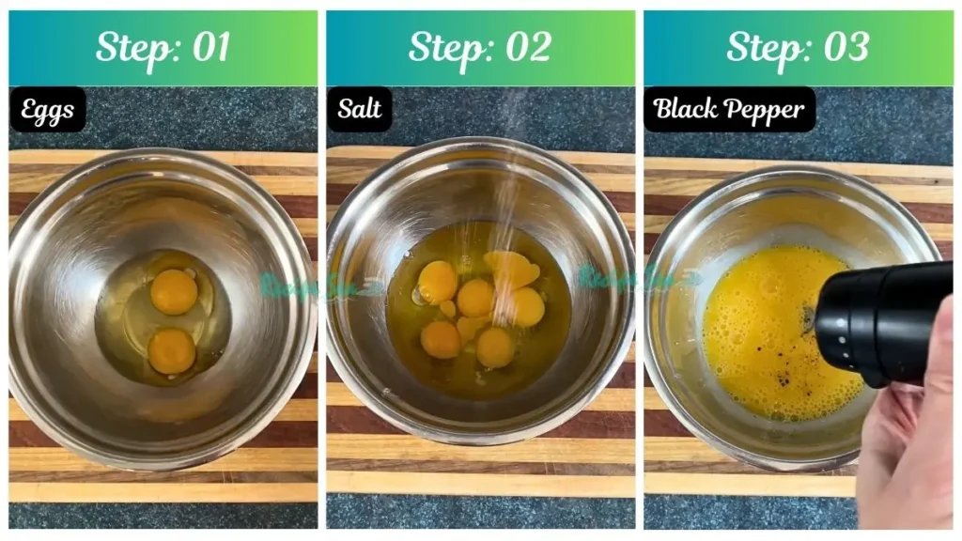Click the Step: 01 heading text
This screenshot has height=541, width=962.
point(163,47)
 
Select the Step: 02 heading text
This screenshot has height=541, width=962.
point(479,47)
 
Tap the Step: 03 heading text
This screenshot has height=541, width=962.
point(798,47)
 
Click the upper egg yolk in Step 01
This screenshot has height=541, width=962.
point(174,291)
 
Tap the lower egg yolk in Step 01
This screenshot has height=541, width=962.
point(171,350)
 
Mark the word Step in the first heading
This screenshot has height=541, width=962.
point(136,47)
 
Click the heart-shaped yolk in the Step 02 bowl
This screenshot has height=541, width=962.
point(512,270)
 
